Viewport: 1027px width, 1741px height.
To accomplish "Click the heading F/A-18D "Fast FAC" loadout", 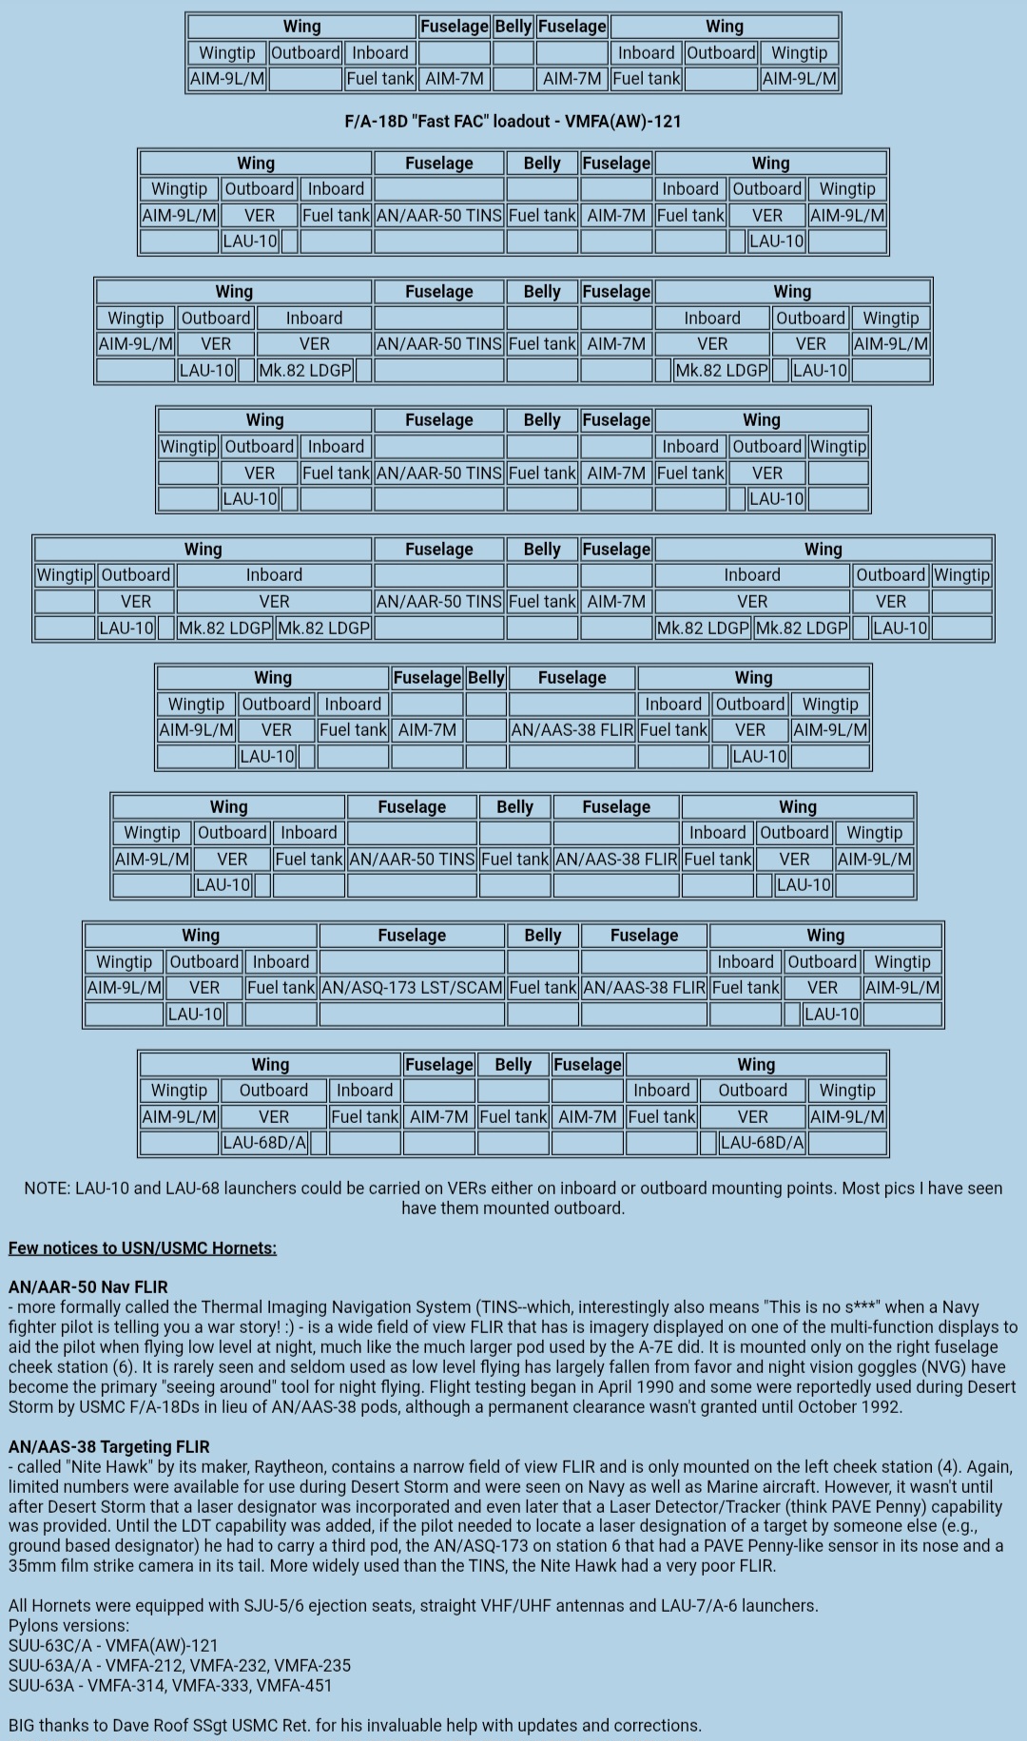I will pyautogui.click(x=513, y=122).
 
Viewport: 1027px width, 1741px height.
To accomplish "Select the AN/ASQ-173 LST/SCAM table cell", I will pyautogui.click(x=412, y=988).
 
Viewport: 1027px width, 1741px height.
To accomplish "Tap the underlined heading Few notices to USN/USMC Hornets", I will pyautogui.click(x=143, y=1248).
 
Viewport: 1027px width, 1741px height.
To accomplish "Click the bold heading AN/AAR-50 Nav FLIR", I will pyautogui.click(x=87, y=1287).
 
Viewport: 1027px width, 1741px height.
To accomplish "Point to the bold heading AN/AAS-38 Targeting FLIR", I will pyautogui.click(x=108, y=1447).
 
